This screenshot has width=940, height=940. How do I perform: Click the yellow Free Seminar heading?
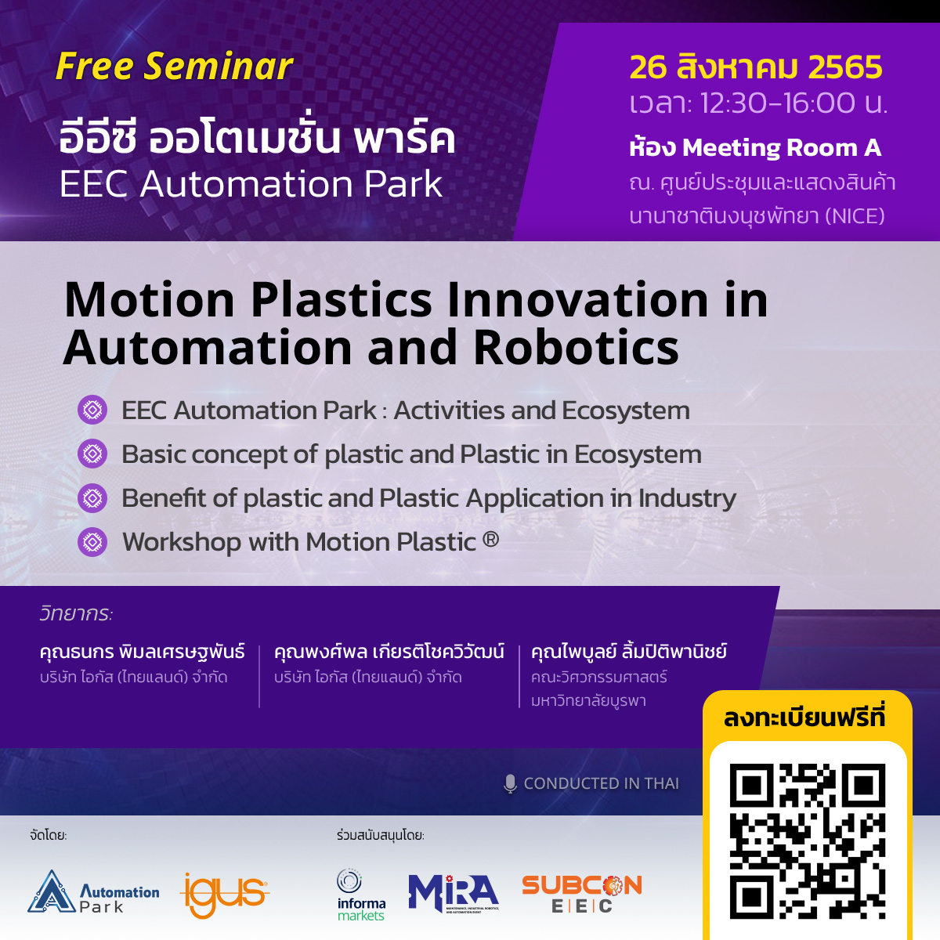coord(174,67)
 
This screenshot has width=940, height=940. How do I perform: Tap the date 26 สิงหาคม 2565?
coord(756,67)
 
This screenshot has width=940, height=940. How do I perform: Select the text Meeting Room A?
coord(782,147)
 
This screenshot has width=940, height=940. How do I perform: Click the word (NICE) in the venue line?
coord(855,215)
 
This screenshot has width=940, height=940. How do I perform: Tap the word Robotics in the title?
coord(576,347)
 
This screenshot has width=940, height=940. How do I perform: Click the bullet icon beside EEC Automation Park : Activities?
coord(92,410)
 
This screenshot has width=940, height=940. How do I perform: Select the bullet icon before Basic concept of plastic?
coord(92,454)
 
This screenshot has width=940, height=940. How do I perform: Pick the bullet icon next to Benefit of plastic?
coord(92,498)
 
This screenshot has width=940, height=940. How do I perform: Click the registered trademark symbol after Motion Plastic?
coord(490,538)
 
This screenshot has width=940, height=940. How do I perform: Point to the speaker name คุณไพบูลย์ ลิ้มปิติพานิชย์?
coord(629,652)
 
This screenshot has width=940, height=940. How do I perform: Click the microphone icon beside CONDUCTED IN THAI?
coord(510,784)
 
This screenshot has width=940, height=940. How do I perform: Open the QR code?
coord(808,841)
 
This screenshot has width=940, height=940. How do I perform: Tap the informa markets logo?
coord(361,895)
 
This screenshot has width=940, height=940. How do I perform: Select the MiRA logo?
coord(454,893)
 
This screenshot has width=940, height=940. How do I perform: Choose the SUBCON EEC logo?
coord(582,894)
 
